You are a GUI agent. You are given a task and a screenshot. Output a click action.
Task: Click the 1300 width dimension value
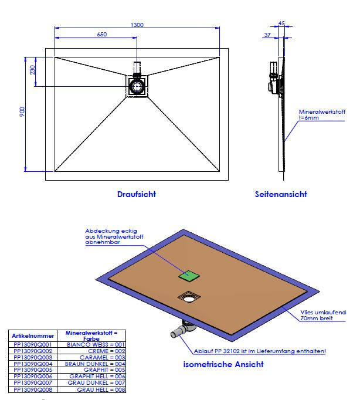138,25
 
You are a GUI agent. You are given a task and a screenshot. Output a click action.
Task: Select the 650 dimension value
101,35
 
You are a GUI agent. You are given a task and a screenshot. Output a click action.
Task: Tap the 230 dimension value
33,70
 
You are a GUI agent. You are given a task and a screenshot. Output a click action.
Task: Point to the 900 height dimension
22,113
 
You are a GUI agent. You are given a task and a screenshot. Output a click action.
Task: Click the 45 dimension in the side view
281,23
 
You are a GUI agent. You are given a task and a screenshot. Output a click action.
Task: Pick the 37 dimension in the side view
267,35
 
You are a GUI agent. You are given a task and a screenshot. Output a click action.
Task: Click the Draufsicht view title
136,194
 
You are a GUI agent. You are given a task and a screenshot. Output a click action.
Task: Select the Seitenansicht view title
280,194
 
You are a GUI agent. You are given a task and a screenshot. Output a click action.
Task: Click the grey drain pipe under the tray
180,333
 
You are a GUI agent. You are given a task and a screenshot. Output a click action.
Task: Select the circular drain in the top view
138,87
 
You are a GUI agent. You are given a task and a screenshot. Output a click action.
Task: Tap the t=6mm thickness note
310,117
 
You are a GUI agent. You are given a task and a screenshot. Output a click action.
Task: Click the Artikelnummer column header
33,336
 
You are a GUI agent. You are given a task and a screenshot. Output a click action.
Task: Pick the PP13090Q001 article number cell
33,345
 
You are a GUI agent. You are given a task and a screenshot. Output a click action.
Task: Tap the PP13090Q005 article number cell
33,370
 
